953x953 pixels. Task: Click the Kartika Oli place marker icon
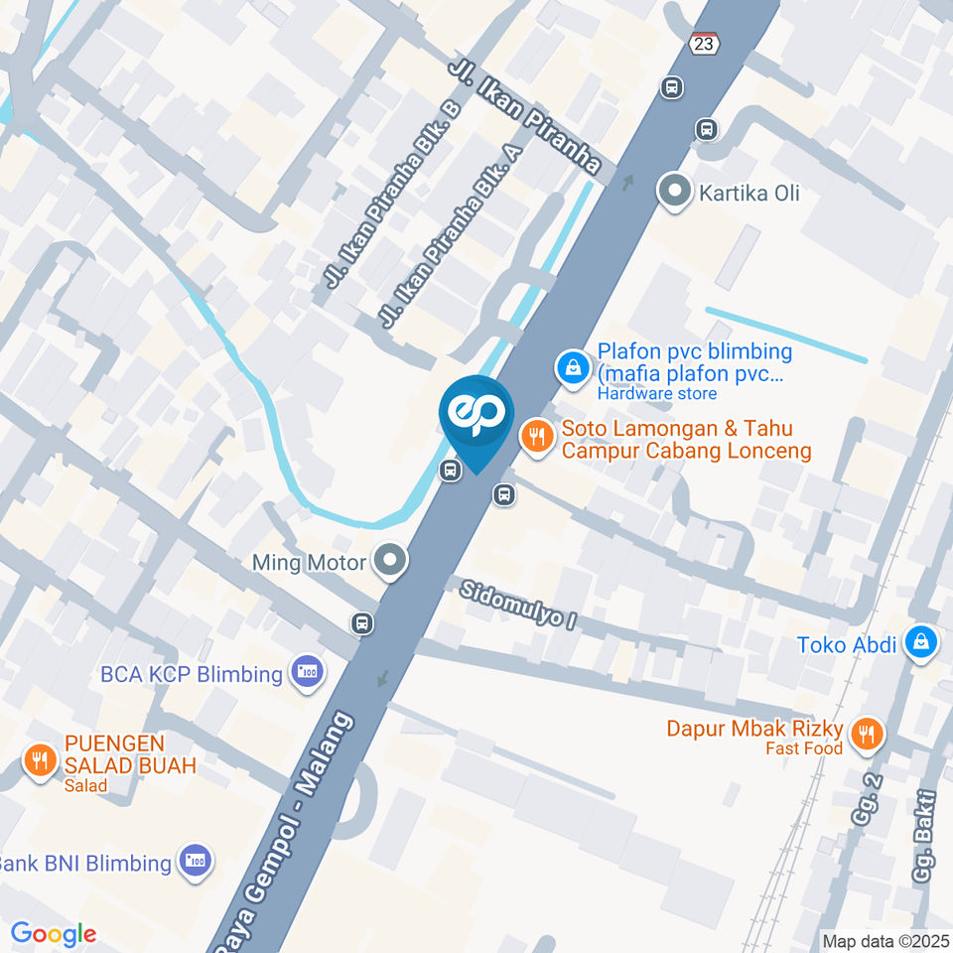[675, 192]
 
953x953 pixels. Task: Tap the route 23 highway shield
[702, 44]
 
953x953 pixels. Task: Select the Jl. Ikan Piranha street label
[525, 114]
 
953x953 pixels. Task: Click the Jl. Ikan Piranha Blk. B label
[394, 195]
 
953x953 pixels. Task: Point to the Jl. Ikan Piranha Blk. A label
[452, 236]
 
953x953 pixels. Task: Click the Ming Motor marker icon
[390, 562]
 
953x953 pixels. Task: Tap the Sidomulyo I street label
[518, 609]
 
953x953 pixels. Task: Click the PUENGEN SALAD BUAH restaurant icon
[40, 760]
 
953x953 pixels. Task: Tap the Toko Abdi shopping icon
[920, 643]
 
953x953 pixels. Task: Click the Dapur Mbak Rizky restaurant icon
[868, 733]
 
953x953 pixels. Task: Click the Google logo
[53, 934]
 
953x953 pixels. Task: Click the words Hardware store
[656, 393]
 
